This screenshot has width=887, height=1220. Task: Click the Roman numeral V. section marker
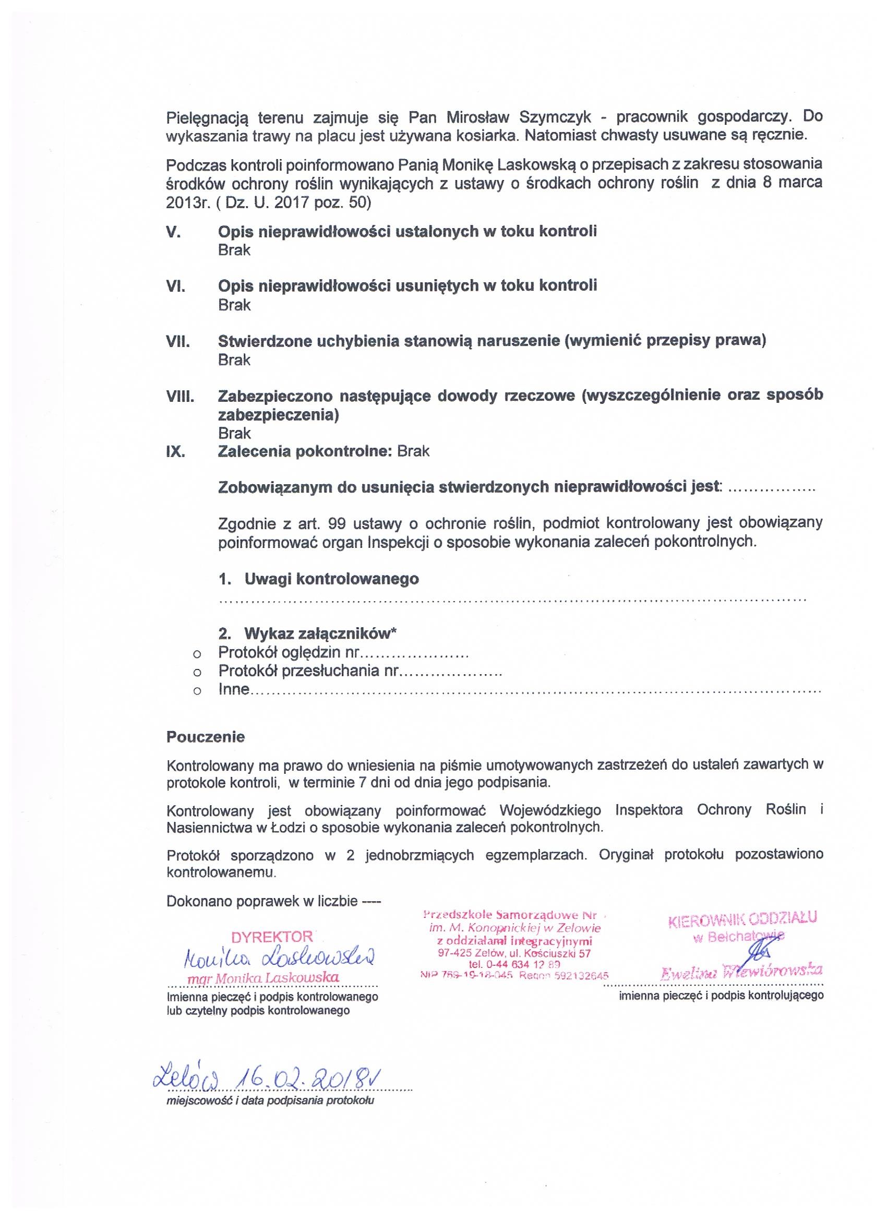click(173, 232)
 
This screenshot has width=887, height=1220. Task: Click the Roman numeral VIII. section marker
click(179, 397)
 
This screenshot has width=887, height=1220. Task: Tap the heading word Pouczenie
click(206, 736)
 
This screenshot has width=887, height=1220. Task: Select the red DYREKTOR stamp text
click(272, 937)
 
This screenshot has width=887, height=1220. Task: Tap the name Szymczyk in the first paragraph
click(556, 117)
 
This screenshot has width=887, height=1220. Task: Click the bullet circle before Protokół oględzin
click(197, 655)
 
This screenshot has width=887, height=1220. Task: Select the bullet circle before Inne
click(197, 691)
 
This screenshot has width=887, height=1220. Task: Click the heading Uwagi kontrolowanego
click(331, 579)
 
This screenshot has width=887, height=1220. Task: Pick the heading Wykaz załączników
click(320, 633)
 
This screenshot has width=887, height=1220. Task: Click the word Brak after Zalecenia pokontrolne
click(413, 451)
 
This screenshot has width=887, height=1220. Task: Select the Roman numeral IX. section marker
click(176, 451)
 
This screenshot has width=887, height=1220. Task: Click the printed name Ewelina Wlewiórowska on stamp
click(742, 971)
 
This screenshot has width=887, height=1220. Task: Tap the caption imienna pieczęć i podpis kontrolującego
click(721, 995)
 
